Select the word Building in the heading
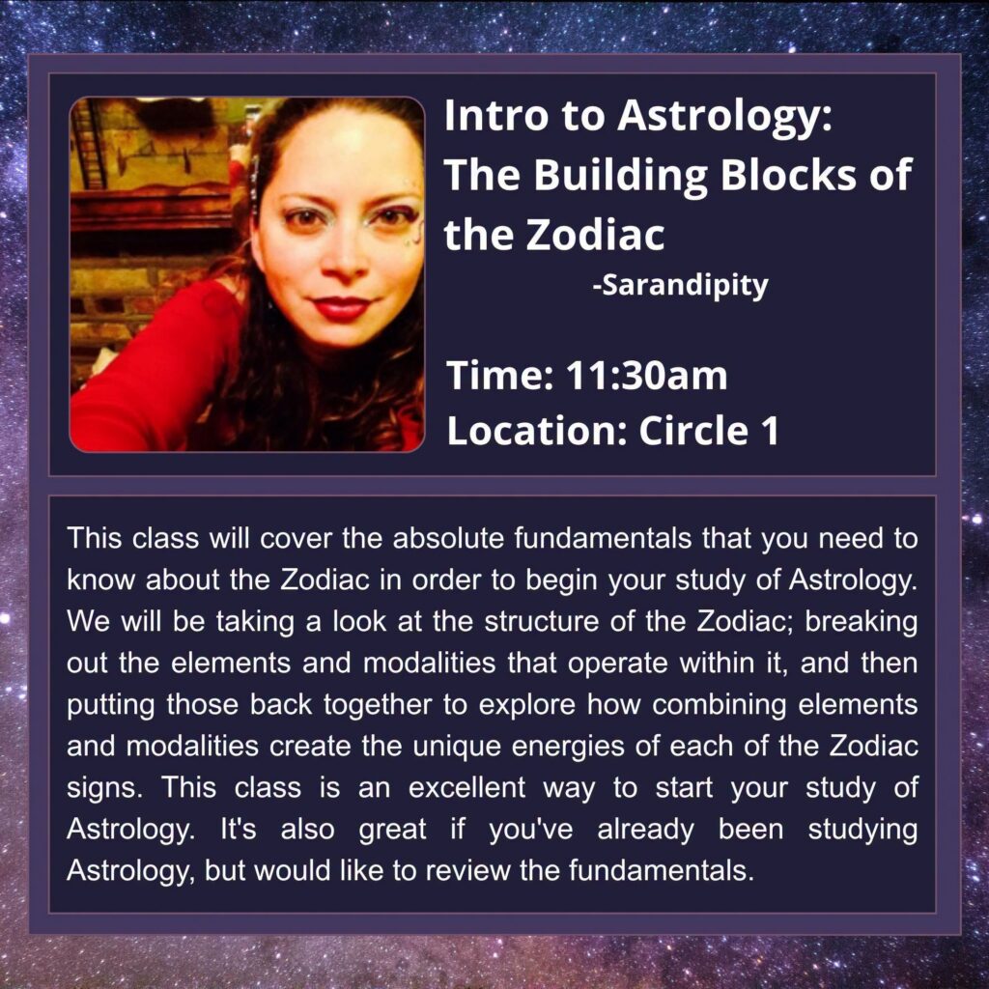point(621,176)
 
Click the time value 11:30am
point(646,376)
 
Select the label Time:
point(499,376)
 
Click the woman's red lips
point(341,308)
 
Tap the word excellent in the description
point(466,788)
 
